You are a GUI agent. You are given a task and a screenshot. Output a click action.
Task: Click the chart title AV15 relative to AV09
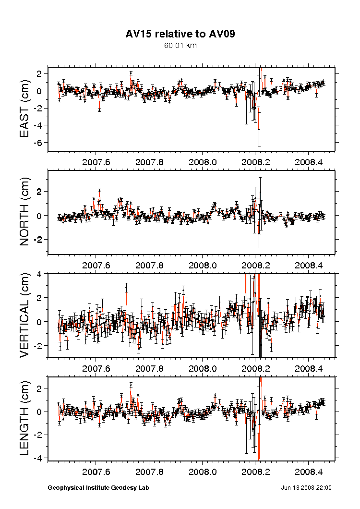tap(180, 34)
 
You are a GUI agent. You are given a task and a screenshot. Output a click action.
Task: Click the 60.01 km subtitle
tap(180, 46)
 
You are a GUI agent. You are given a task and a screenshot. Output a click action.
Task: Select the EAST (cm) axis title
tap(25, 109)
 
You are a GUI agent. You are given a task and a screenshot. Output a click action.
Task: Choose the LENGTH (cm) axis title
tap(25, 418)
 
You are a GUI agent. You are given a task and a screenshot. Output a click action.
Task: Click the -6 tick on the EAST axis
tap(38, 143)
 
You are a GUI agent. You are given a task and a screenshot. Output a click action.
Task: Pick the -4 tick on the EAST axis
tap(38, 125)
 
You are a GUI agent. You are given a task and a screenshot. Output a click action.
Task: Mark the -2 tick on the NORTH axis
tap(38, 240)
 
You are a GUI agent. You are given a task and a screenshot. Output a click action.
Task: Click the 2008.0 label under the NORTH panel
tap(203, 265)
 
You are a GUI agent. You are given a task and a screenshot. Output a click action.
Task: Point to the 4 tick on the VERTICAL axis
tap(40, 274)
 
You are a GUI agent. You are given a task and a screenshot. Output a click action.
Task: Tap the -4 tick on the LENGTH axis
tap(38, 458)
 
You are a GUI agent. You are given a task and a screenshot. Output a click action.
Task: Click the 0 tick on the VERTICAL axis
tap(40, 322)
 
